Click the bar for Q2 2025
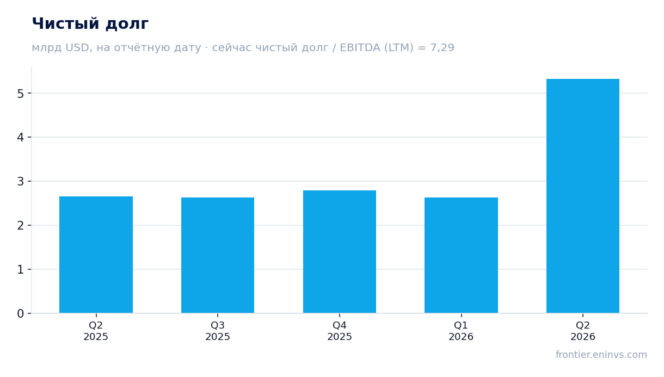pos(96,255)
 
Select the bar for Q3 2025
pos(218,255)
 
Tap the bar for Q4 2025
pos(340,252)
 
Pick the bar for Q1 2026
pos(461,255)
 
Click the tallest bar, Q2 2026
pos(583,196)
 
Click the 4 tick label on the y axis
pos(21,137)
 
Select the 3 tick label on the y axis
pos(21,181)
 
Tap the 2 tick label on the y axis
pos(21,226)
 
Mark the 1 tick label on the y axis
pos(21,270)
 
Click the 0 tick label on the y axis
pos(21,313)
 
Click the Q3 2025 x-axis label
pos(218,331)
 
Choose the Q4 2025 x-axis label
pos(340,331)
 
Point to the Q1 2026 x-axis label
pos(461,331)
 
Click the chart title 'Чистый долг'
pos(90,24)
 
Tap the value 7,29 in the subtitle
pos(442,48)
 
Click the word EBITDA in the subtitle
pos(360,47)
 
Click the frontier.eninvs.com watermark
pos(601,355)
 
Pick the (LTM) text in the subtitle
pos(399,48)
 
